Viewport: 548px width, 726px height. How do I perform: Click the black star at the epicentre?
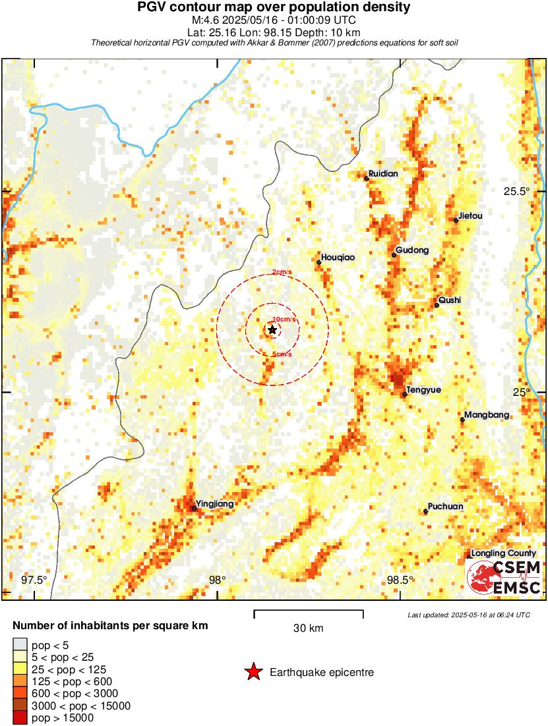[x=272, y=329]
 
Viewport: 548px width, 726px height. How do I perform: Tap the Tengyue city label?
[x=424, y=390]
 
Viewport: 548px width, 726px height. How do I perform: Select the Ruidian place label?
[x=384, y=174]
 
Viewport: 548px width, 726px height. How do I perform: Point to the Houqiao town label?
[x=338, y=258]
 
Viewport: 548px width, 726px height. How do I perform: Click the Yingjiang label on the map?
[x=215, y=504]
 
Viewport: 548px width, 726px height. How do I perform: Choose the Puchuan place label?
[x=446, y=507]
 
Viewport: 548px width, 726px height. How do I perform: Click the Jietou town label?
[x=470, y=215]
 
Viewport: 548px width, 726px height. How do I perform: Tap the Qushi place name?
[x=450, y=300]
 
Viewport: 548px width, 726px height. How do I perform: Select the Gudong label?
[x=412, y=250]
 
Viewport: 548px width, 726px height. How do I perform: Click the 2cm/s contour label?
[x=282, y=273]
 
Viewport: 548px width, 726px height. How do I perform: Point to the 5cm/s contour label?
[x=283, y=355]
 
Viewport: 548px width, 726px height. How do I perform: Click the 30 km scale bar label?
[x=308, y=628]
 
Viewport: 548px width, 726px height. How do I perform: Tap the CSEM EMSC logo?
[x=504, y=577]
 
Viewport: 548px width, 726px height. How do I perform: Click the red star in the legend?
[x=253, y=673]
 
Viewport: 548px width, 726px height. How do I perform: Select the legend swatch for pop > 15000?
[x=20, y=718]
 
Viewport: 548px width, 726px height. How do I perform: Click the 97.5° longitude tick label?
[x=34, y=580]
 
